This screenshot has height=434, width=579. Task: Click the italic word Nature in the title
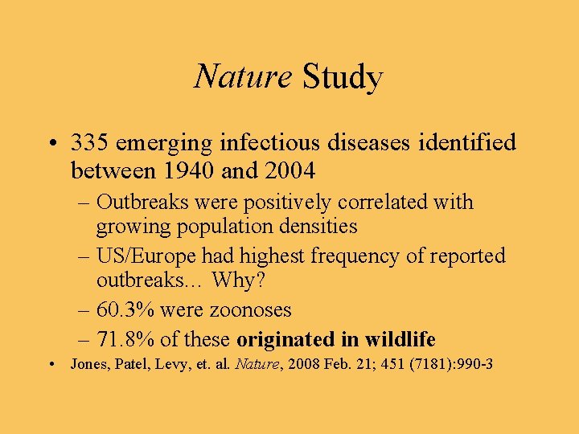pos(243,78)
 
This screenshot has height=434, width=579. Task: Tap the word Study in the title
pos(342,78)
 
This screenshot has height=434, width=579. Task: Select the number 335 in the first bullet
pos(91,144)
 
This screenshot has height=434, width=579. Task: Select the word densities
pos(319,227)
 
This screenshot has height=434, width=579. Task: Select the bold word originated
pos(286,338)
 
